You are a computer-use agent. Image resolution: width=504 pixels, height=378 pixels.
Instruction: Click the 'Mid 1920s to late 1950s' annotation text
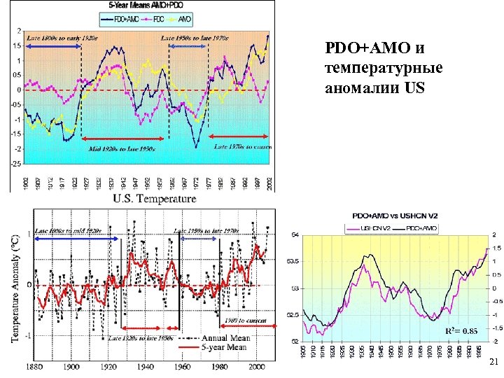120,148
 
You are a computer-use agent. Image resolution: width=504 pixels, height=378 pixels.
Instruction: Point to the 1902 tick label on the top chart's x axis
26,183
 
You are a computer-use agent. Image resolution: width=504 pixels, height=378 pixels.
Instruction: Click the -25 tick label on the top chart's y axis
16,164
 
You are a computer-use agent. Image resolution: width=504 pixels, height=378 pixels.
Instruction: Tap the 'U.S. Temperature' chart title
155,199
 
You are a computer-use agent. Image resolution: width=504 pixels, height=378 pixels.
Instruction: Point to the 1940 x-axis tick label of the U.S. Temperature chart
145,366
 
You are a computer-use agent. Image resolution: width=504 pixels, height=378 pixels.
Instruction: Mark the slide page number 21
493,363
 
